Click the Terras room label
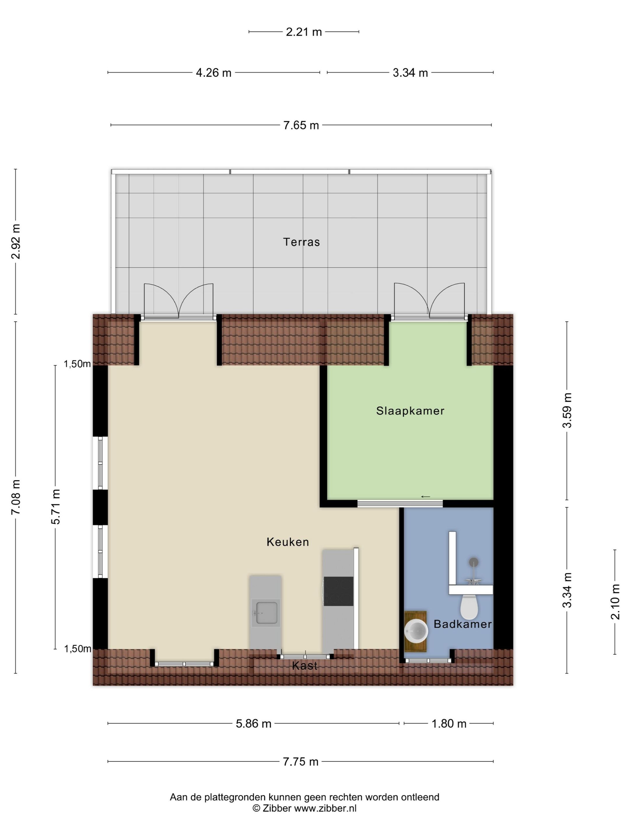point(302,242)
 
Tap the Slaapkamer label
point(410,411)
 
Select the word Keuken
point(288,542)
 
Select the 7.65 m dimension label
point(301,125)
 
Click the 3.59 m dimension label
point(567,410)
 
